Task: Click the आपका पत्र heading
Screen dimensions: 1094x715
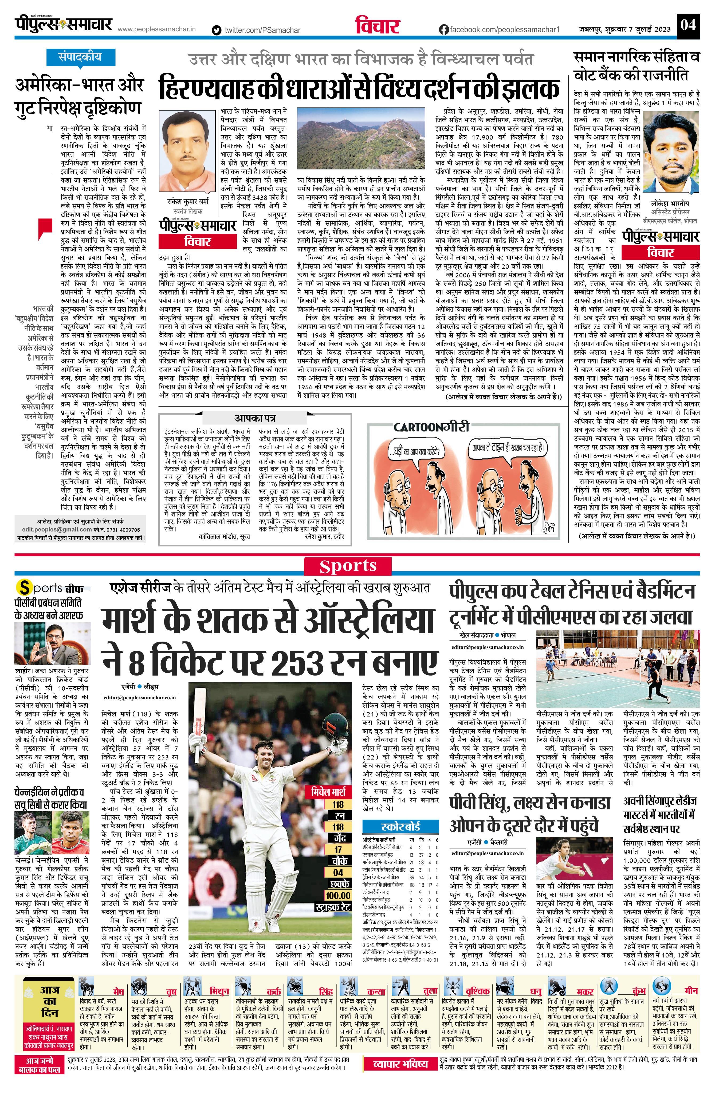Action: [255, 418]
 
